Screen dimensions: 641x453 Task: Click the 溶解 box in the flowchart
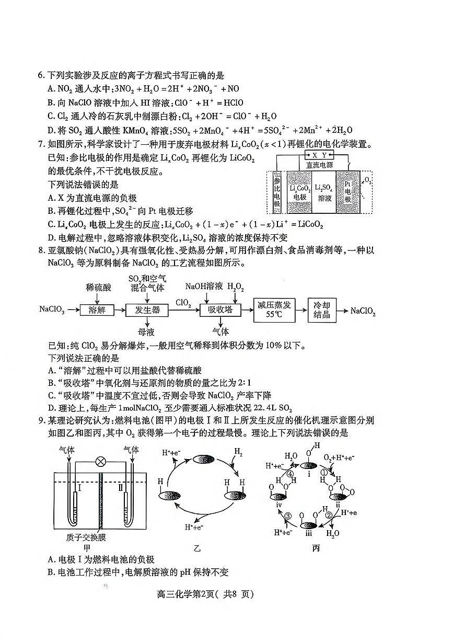pos(97,310)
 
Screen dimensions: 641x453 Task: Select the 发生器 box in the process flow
pos(147,310)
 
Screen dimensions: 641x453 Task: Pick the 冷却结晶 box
pos(322,310)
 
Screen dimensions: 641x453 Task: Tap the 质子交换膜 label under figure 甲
pos(87,537)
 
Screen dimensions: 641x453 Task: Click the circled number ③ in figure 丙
pos(288,517)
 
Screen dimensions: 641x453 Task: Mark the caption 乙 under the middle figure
pos(197,548)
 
